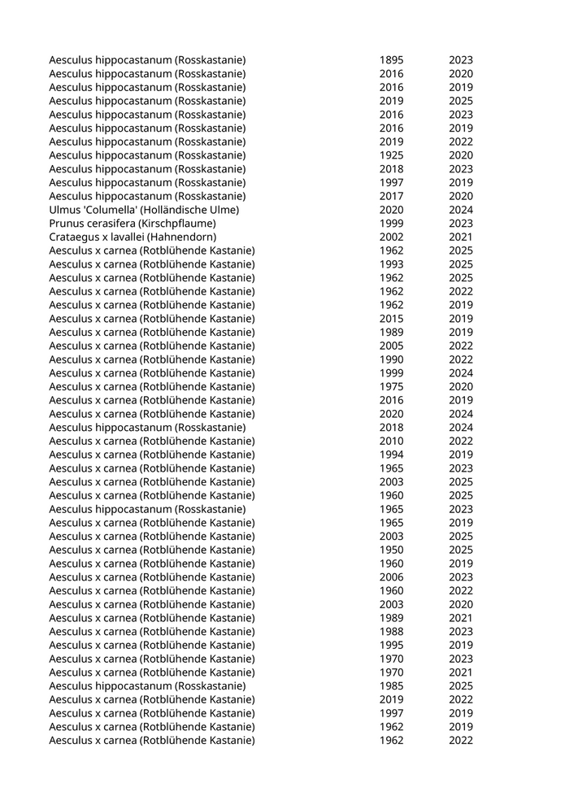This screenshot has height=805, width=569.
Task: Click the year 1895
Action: [x=391, y=60]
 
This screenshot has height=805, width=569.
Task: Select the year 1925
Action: [x=391, y=155]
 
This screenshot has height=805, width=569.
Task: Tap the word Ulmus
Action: [x=64, y=210]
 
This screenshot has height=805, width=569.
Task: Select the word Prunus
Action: [x=67, y=224]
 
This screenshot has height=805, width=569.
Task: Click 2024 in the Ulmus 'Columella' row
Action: [x=460, y=210]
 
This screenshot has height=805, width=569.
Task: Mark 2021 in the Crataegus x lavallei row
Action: [x=460, y=237]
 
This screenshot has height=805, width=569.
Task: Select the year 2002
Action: [x=391, y=237]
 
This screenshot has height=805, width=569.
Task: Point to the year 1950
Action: [x=391, y=550]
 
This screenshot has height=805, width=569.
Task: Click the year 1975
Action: [x=391, y=387]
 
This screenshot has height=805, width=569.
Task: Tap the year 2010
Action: [x=391, y=442]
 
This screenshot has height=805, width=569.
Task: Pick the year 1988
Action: [x=391, y=632]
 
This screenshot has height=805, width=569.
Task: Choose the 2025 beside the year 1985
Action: [x=460, y=686]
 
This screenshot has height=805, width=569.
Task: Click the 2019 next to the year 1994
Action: [x=460, y=455]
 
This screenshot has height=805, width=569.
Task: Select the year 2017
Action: [x=391, y=196]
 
